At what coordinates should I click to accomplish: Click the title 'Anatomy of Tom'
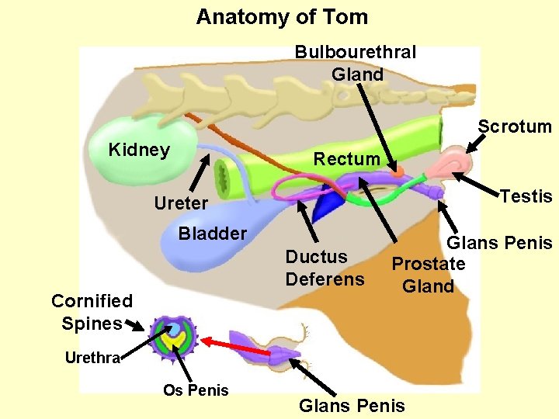[281, 16]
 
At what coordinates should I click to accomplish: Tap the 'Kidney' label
[139, 150]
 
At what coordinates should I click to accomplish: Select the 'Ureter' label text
[181, 203]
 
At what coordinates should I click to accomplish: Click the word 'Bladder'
[212, 234]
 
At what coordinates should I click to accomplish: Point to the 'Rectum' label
[346, 159]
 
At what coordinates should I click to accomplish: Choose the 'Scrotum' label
[514, 126]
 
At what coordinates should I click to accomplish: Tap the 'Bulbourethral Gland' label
[356, 63]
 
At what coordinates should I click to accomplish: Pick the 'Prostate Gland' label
[428, 275]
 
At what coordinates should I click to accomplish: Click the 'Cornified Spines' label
[92, 312]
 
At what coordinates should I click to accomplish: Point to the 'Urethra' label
[92, 358]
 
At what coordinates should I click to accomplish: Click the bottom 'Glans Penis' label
[352, 405]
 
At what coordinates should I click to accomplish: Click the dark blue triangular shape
[328, 203]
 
